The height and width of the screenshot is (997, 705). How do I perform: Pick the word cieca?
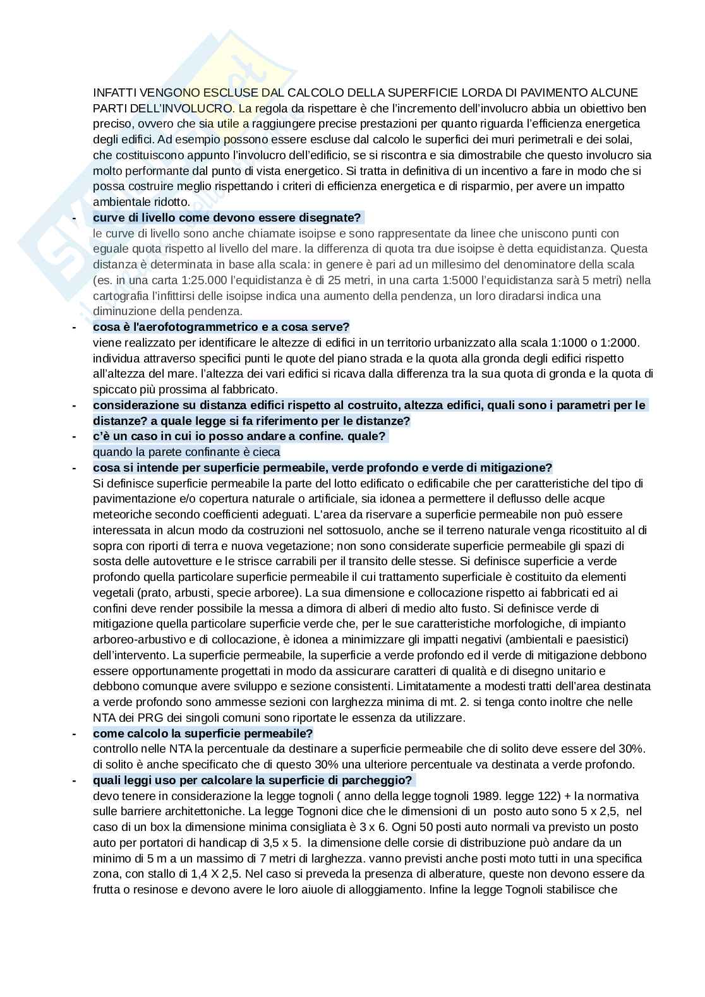(x=267, y=451)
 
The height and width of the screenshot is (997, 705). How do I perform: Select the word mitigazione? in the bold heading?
(x=519, y=467)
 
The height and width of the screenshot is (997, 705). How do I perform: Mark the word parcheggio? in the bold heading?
(x=378, y=780)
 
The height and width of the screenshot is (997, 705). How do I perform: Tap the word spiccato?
(x=114, y=389)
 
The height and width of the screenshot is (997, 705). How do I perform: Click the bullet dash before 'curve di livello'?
(x=75, y=218)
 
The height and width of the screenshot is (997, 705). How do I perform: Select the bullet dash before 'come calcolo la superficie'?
(x=75, y=733)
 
